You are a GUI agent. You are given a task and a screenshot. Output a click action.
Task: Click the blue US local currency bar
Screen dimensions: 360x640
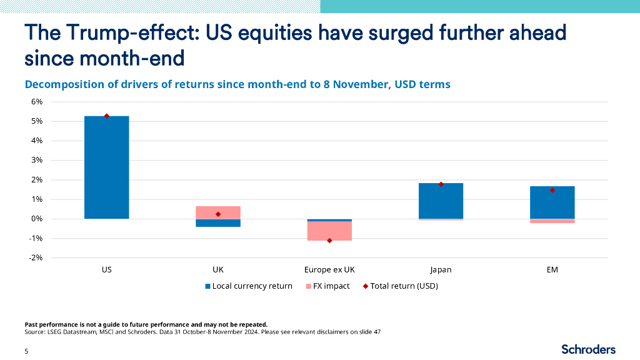[107, 167]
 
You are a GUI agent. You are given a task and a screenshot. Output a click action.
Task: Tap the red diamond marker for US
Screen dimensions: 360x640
[107, 116]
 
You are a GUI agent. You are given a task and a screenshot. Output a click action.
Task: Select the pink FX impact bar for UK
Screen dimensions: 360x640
[218, 212]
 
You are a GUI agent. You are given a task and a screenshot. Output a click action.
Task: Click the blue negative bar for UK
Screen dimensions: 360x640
[218, 223]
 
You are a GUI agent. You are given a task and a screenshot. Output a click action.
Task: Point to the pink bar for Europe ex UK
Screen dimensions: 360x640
[329, 231]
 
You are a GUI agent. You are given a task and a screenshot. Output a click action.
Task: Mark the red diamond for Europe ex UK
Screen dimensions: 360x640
[329, 241]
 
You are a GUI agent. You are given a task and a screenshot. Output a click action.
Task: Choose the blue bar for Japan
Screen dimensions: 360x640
[441, 201]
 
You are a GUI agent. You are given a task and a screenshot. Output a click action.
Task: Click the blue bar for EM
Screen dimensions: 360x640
[552, 202]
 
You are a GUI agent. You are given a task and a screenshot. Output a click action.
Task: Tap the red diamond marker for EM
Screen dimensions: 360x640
[552, 190]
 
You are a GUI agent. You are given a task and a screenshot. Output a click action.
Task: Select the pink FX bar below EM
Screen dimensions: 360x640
[552, 221]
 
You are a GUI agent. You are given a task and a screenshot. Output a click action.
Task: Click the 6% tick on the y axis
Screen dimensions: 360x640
[36, 102]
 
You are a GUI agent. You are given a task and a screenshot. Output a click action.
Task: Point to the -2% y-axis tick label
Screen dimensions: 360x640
[36, 258]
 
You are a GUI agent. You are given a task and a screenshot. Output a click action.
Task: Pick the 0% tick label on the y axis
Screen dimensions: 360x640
[36, 219]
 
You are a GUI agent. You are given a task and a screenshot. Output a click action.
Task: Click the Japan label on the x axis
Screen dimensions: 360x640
[441, 270]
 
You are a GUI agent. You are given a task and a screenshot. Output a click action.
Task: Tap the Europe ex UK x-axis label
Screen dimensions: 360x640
[329, 270]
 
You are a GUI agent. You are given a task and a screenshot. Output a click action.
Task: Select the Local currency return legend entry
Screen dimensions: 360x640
[248, 286]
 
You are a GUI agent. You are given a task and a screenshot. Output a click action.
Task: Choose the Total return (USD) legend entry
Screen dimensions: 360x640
[399, 286]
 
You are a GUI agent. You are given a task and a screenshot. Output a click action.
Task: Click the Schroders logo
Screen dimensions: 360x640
[588, 349]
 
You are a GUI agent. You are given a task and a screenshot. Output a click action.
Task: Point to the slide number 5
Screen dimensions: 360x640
[26, 352]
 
